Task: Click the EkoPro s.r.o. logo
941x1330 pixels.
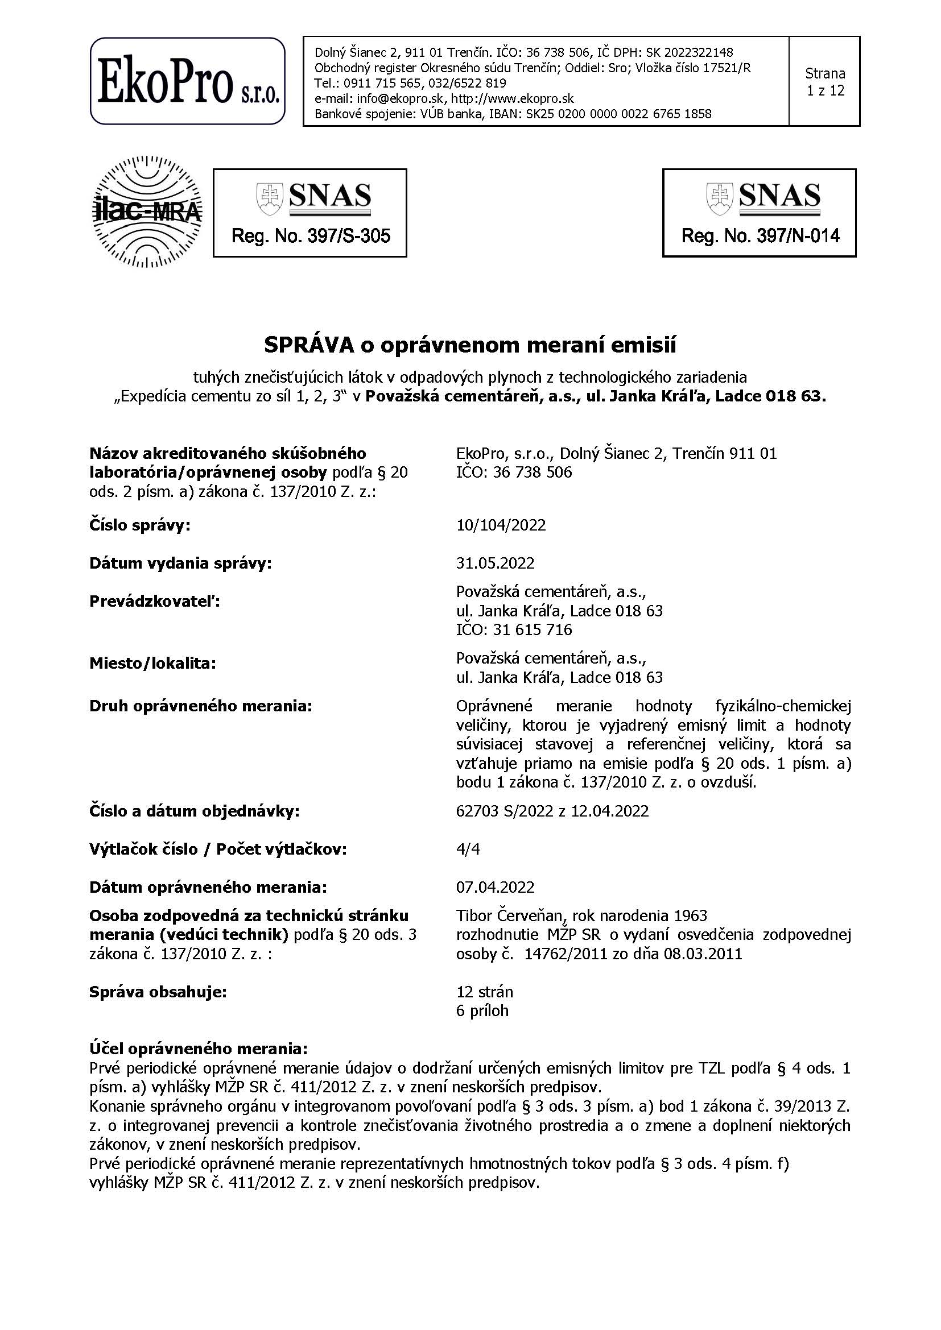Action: point(187,81)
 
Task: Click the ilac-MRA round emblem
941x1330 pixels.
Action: point(147,212)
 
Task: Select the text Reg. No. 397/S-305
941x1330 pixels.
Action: point(311,236)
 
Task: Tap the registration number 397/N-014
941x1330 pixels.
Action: point(798,236)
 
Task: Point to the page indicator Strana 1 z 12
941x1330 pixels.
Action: point(824,82)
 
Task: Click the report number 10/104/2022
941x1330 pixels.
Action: point(501,525)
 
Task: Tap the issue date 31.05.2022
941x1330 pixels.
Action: point(495,563)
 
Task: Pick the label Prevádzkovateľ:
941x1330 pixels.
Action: point(155,602)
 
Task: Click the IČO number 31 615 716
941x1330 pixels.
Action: point(532,629)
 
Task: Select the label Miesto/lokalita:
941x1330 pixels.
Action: point(152,663)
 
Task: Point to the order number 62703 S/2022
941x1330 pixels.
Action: point(505,811)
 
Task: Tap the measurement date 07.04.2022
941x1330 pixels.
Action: point(495,888)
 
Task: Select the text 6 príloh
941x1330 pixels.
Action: point(482,1011)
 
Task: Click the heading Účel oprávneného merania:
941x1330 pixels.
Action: point(198,1049)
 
